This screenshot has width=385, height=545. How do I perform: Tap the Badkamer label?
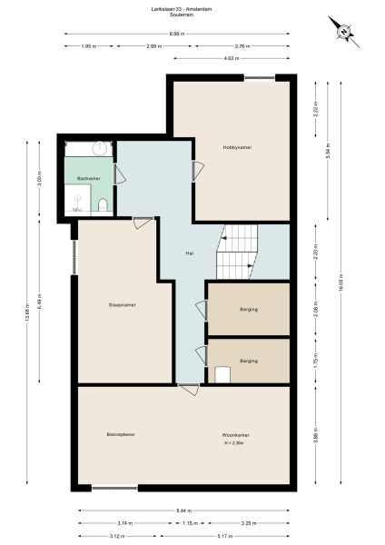pos(88,178)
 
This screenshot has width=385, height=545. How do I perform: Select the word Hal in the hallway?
pos(189,254)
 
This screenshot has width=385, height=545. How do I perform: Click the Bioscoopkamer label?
pos(121,434)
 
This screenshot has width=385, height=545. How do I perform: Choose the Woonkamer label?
pos(236,434)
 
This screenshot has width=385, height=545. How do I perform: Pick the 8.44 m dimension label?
pos(184,511)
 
